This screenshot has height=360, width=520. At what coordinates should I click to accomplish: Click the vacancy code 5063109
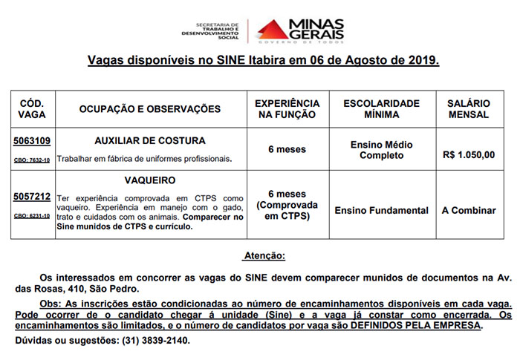[x=32, y=141]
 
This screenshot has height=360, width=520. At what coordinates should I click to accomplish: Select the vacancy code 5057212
[x=32, y=197]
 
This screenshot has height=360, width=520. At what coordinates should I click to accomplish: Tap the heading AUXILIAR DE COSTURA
[x=150, y=140]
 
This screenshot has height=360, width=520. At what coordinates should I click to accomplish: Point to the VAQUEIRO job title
[x=150, y=180]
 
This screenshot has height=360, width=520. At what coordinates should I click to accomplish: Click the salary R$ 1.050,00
[x=468, y=155]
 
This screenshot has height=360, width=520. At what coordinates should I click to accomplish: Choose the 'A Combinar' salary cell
[x=468, y=211]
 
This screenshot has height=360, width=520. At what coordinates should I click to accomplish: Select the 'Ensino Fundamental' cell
[x=381, y=211]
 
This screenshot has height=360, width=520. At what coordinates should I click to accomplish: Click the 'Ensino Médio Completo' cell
[x=381, y=150]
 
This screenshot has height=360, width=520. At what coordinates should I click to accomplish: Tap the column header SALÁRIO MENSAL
[x=468, y=109]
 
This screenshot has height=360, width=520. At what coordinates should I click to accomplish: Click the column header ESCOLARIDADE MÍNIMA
[x=381, y=109]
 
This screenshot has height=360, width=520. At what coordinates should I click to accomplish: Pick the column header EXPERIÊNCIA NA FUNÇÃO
[x=287, y=109]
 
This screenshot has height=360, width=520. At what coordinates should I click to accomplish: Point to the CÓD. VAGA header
[x=32, y=109]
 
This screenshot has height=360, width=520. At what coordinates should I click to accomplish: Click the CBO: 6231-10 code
[x=32, y=216]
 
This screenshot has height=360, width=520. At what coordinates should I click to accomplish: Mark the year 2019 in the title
[x=424, y=60]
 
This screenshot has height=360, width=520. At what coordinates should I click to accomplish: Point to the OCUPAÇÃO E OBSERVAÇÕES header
[x=150, y=109]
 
